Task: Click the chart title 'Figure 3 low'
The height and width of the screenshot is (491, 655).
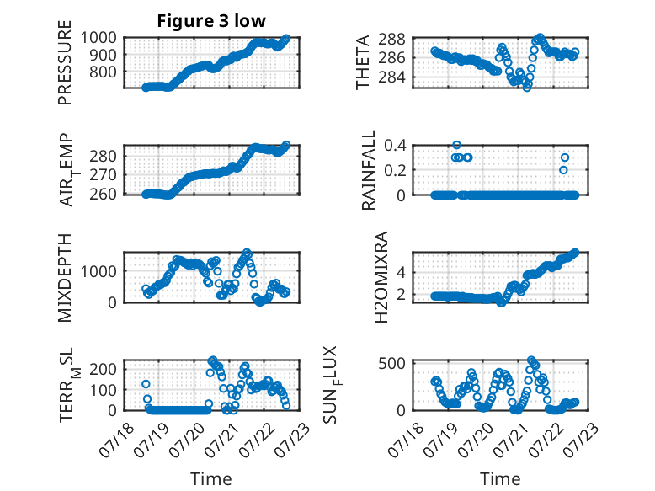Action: click(x=211, y=21)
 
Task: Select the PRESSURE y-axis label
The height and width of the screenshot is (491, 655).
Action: click(x=65, y=62)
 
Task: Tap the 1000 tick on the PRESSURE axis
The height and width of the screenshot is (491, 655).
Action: click(x=99, y=38)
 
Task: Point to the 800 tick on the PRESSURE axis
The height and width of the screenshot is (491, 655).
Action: click(x=103, y=72)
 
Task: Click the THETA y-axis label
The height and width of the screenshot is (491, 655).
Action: click(x=362, y=62)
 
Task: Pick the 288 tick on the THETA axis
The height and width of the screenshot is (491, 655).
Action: click(x=391, y=39)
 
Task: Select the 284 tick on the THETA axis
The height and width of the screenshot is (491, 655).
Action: click(x=391, y=77)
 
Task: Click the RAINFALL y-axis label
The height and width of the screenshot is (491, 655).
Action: click(x=369, y=170)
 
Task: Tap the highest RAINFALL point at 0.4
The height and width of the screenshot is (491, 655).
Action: click(x=456, y=145)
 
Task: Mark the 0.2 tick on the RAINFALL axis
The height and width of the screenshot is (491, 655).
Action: click(x=395, y=170)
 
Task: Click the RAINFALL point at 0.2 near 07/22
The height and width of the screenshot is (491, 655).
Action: click(x=563, y=170)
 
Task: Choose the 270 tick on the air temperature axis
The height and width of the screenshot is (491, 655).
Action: click(x=103, y=174)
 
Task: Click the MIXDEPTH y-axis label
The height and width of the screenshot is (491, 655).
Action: click(x=65, y=277)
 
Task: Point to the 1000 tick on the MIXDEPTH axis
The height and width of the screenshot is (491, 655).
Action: click(x=99, y=271)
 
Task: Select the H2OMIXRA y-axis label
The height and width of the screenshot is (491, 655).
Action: click(x=381, y=277)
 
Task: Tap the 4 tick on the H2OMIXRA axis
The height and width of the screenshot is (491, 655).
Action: click(x=402, y=273)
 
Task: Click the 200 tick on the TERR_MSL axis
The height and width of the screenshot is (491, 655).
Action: click(x=103, y=369)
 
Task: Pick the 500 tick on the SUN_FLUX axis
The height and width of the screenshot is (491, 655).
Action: click(x=391, y=363)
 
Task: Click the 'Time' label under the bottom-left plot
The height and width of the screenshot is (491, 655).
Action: click(x=211, y=479)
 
